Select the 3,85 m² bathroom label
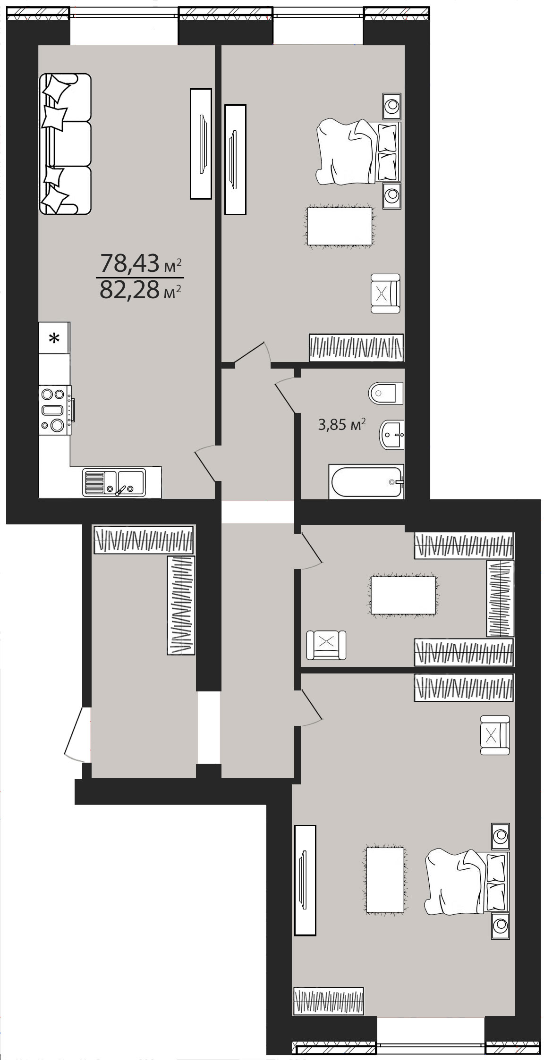click(342, 425)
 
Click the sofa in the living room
click(65, 143)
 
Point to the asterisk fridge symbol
click(55, 338)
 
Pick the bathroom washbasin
click(392, 434)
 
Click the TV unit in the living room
click(200, 143)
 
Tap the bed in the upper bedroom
click(359, 152)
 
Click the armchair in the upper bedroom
click(385, 294)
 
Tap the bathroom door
click(286, 395)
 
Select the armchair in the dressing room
click(326, 645)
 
